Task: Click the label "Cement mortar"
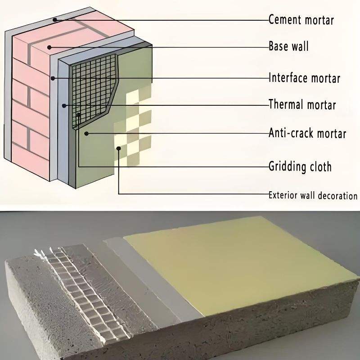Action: pyautogui.click(x=301, y=20)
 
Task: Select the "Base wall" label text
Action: pyautogui.click(x=288, y=46)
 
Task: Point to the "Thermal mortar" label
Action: pyautogui.click(x=302, y=105)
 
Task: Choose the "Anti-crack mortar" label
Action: pyautogui.click(x=307, y=133)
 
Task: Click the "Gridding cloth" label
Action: pyautogui.click(x=300, y=166)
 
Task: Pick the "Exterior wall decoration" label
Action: pyautogui.click(x=313, y=195)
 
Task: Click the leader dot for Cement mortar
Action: pyautogui.click(x=54, y=19)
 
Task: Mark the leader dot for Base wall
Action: pyautogui.click(x=50, y=46)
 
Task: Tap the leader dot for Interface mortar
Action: pyautogui.click(x=53, y=78)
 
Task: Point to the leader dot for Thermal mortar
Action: pyautogui.click(x=65, y=106)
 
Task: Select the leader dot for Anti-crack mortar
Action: pyautogui.click(x=86, y=133)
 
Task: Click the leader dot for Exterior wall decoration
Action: pyautogui.click(x=119, y=148)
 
